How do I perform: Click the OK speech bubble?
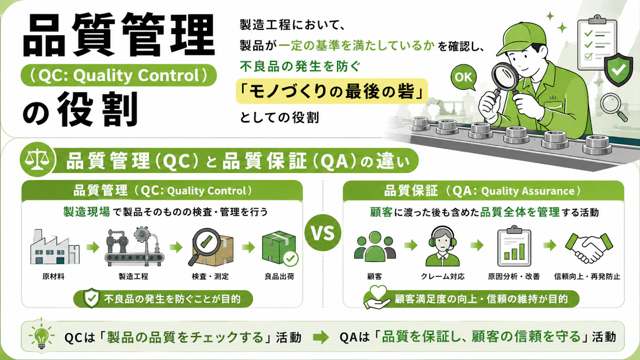[x=463, y=77]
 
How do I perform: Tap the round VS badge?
[x=323, y=233]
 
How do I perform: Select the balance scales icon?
[x=37, y=159]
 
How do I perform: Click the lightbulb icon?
[x=42, y=335]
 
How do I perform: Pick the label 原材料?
[x=53, y=276]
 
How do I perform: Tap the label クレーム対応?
[x=443, y=276]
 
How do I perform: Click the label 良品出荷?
[x=279, y=276]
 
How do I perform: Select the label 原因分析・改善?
[x=514, y=276]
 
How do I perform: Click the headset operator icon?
[x=442, y=246]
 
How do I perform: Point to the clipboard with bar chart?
[x=514, y=246]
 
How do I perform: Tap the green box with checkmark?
[x=280, y=248]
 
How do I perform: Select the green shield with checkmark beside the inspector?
[x=618, y=69]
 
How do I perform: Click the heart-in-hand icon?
[x=377, y=297]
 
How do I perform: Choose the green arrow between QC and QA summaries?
[x=321, y=337]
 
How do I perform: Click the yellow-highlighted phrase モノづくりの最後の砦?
[x=331, y=91]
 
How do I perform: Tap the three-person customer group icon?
[x=374, y=246]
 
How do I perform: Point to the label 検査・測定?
[x=210, y=276]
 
